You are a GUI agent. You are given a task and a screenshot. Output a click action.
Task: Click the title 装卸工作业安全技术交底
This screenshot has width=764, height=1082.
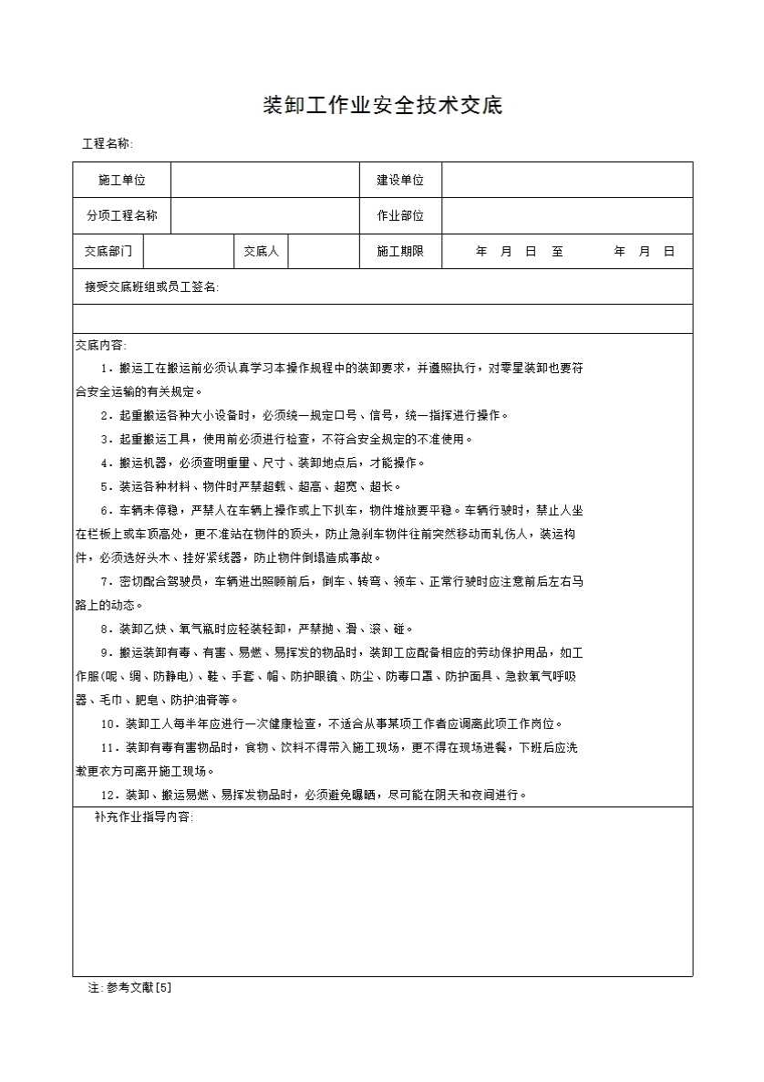382,106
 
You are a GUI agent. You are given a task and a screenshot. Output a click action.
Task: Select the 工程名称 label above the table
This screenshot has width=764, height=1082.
108,144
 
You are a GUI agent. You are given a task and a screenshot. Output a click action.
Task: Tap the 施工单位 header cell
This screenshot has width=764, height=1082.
122,180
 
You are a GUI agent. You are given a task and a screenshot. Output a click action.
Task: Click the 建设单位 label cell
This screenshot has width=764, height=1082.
400,180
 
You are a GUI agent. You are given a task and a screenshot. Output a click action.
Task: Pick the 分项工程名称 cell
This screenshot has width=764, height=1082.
122,216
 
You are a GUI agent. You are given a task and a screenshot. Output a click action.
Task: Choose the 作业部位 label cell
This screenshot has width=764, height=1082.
400,216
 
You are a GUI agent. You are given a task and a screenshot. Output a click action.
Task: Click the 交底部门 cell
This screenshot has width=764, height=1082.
108,251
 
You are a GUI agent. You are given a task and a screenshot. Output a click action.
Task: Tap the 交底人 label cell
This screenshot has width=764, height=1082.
261,251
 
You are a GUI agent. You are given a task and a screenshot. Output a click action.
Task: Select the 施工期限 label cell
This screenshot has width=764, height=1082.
400,251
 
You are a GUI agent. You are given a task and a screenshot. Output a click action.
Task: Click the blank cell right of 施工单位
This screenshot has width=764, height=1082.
265,180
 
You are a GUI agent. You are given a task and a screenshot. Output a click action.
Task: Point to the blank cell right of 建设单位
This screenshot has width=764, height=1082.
567,180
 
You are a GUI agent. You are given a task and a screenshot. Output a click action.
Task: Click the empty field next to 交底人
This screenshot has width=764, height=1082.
324,251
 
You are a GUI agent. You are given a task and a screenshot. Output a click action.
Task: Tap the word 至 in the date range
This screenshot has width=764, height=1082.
557,252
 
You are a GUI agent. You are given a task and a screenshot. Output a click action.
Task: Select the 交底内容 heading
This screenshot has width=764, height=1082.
100,345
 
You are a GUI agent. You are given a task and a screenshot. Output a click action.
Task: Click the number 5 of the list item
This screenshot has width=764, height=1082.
105,487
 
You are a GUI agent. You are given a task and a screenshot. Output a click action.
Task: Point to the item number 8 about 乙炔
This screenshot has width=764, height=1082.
105,629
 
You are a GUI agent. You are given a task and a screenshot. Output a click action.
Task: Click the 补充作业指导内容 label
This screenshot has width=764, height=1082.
144,817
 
